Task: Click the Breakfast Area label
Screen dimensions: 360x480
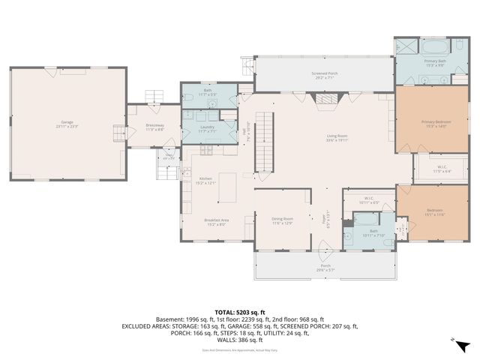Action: coord(216,221)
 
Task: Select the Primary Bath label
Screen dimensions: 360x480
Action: coord(434,62)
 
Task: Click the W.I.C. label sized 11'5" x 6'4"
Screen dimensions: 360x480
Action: coord(442,169)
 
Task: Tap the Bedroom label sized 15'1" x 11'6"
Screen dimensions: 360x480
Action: coord(434,211)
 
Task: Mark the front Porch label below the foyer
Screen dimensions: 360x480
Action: coord(325,267)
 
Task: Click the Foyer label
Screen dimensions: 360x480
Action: coord(325,217)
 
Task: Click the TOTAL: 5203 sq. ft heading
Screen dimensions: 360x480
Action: coord(240,312)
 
